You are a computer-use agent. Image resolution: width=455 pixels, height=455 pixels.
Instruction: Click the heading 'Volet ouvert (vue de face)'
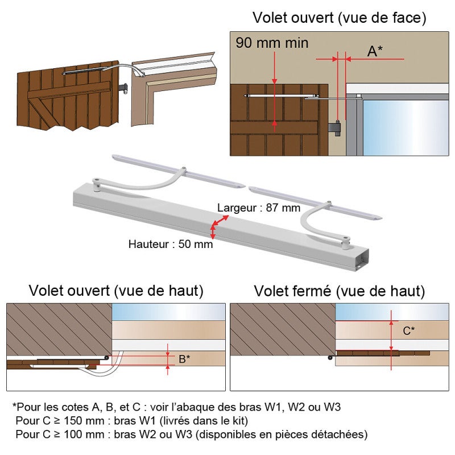339,18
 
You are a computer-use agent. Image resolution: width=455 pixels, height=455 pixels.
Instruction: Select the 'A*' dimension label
374,51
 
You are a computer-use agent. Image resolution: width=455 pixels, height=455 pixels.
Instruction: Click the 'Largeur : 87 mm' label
259,208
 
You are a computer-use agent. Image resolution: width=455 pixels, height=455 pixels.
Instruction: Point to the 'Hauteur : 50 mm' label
171,244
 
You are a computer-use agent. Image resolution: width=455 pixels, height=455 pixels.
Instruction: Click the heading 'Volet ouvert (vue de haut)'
116,291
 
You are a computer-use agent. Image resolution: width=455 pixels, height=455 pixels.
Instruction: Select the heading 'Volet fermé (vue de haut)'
339,291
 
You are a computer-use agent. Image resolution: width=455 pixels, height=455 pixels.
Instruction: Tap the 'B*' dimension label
184,359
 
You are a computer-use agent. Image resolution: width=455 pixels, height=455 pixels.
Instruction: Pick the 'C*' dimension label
408,330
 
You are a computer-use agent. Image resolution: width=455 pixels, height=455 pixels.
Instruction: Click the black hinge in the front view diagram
338,130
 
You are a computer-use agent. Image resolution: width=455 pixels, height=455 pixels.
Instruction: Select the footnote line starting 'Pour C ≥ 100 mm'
192,435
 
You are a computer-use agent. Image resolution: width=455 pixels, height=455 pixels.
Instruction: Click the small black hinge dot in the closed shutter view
330,358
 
